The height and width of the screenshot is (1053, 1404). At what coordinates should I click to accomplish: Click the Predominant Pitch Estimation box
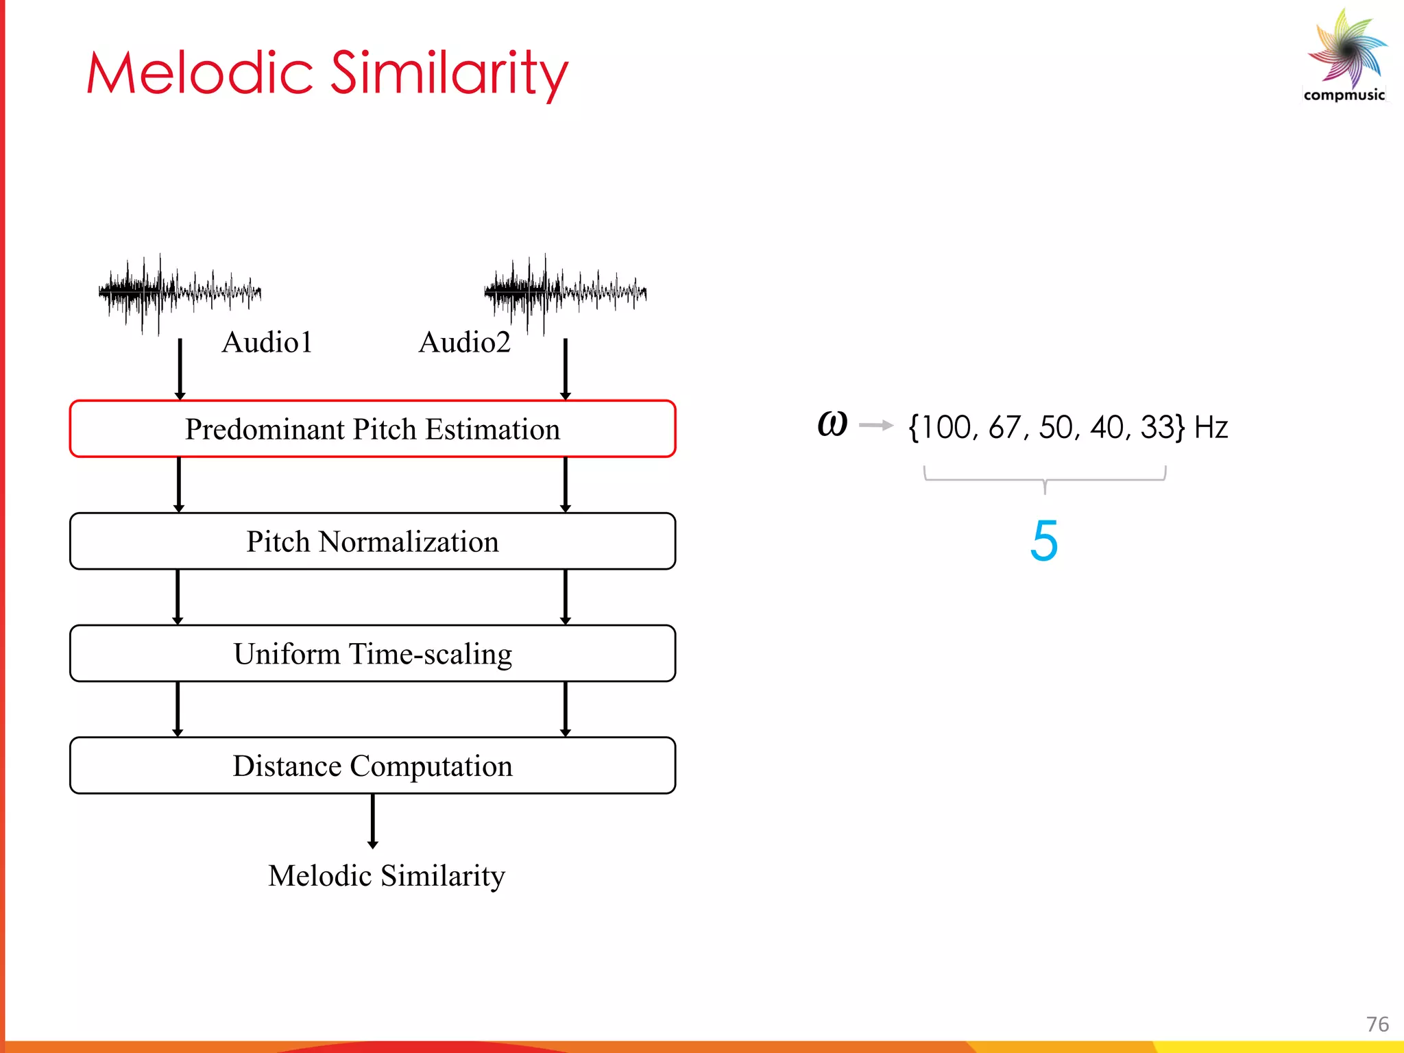tap(372, 429)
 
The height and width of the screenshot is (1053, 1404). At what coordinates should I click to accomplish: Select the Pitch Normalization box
tap(372, 542)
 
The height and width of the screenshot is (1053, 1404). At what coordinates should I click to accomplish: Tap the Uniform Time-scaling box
tap(372, 653)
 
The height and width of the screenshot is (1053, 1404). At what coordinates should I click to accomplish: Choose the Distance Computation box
tap(372, 766)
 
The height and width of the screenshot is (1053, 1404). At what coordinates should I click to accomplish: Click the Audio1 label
tap(267, 342)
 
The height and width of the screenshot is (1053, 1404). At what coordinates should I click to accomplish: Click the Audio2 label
tap(464, 342)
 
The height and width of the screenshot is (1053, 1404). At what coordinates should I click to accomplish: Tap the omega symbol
tap(832, 424)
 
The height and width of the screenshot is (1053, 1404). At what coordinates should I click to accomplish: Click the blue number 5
tap(1043, 541)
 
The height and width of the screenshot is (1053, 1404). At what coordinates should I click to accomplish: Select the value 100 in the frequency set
tap(946, 427)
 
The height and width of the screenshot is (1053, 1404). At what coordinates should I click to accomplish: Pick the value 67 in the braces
tap(1005, 427)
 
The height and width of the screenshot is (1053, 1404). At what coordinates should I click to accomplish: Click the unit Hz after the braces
tap(1211, 427)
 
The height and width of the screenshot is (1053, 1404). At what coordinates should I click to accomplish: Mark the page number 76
tap(1377, 1024)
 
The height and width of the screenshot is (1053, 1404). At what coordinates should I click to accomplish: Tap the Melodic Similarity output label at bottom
tap(386, 875)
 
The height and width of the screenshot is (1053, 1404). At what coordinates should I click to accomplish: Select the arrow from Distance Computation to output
tap(372, 821)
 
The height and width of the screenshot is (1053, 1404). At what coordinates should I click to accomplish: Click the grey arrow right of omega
tap(875, 426)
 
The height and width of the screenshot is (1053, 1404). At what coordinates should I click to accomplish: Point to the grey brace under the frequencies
tap(1044, 479)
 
